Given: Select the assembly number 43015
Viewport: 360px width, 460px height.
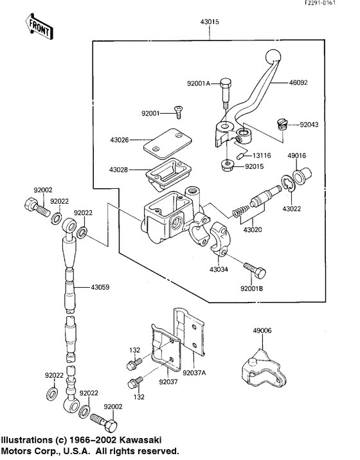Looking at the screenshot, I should (210, 22).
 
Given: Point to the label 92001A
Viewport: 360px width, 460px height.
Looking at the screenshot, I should (198, 83).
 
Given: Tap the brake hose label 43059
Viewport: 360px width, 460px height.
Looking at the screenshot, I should (100, 287).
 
